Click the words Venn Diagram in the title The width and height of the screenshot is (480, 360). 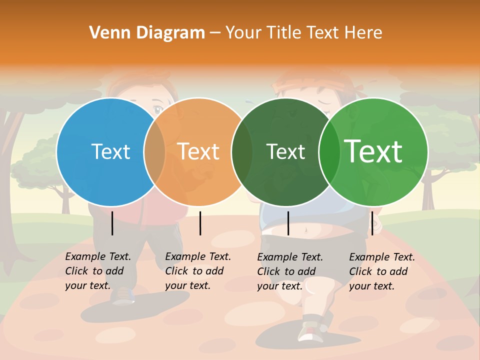pos(147,33)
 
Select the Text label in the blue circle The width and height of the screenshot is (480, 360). pos(110,151)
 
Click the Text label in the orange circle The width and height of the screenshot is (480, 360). pos(198,151)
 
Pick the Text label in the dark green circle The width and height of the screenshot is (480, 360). pos(285,151)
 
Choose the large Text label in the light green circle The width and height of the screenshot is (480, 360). pos(373,151)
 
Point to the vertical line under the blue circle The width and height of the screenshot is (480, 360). pos(112,223)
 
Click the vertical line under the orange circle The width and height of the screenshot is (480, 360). pos(200,223)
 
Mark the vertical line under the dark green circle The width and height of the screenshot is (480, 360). pos(288,223)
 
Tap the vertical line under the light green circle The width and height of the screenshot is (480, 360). pos(372,223)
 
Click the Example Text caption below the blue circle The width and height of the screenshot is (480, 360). pos(97,271)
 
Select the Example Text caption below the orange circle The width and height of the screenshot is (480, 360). pos(197,271)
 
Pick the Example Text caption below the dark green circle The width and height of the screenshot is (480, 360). pos(289,271)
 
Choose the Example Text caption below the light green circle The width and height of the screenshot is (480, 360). pos(381,271)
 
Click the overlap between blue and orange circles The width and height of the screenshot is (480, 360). pos(154,152)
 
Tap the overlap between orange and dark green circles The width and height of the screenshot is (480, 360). pos(242,152)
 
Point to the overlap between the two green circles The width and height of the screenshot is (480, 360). pos(330,152)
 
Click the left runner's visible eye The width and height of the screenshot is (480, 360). pos(158,109)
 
